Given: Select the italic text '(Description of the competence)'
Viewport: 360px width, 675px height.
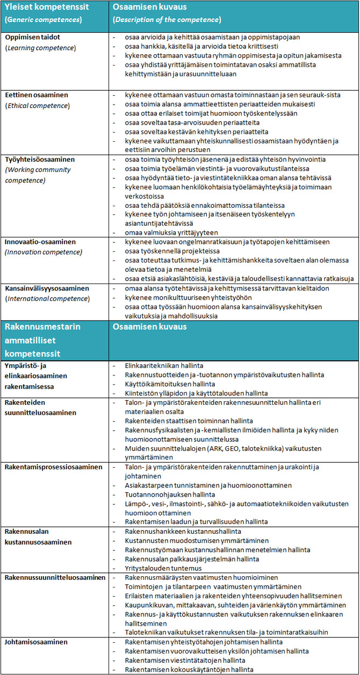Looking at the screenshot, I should coord(167,20).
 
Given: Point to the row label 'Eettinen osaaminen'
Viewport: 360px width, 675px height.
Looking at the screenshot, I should coord(37,95).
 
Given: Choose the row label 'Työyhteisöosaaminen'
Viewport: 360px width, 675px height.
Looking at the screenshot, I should coord(40,159).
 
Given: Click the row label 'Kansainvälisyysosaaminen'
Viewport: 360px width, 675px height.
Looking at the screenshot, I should coord(47,288).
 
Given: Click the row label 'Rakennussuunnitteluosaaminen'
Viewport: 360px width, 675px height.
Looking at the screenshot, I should coord(55,577).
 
